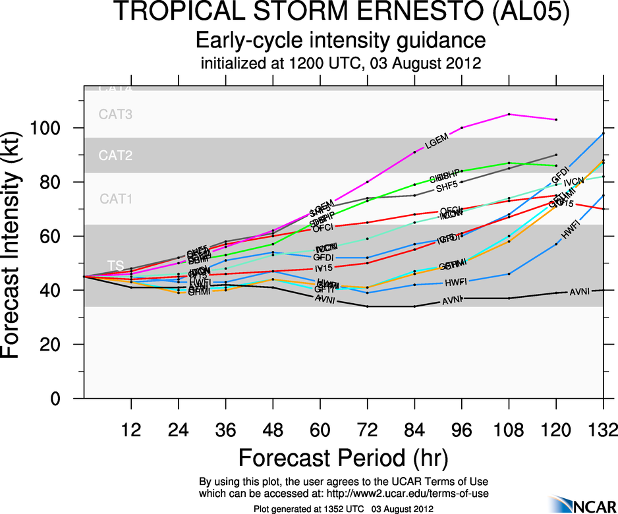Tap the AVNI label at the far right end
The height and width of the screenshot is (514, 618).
pyautogui.click(x=579, y=291)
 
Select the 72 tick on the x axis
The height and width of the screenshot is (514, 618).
pyautogui.click(x=368, y=430)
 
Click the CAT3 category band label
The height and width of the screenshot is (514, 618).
pyautogui.click(x=115, y=114)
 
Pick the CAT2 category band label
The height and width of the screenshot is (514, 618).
pyautogui.click(x=115, y=156)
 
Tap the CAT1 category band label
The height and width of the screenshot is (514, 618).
pyautogui.click(x=115, y=198)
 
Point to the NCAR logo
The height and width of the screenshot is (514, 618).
pyautogui.click(x=582, y=504)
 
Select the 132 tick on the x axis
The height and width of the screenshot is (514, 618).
pyautogui.click(x=603, y=430)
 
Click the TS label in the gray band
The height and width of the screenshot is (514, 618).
pyautogui.click(x=116, y=265)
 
